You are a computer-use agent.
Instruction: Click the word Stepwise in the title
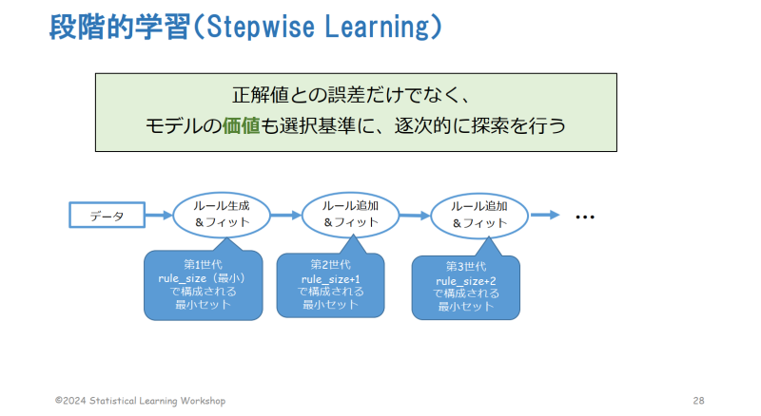pyautogui.click(x=260, y=27)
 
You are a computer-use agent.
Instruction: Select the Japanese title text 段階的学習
pyautogui.click(x=120, y=28)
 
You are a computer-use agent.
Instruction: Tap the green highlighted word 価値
pyautogui.click(x=242, y=126)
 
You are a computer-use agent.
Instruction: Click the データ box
pyautogui.click(x=107, y=215)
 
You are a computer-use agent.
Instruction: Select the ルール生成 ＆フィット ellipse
pyautogui.click(x=222, y=215)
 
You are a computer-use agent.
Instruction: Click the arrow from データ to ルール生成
pyautogui.click(x=159, y=215)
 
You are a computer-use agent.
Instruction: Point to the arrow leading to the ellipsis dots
pyautogui.click(x=545, y=215)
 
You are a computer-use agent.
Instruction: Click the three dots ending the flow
pyautogui.click(x=585, y=217)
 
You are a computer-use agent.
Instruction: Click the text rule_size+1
pyautogui.click(x=330, y=279)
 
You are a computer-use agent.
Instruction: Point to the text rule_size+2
pyautogui.click(x=466, y=281)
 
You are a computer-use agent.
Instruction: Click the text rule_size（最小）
pyautogui.click(x=202, y=278)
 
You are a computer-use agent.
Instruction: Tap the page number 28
pyautogui.click(x=698, y=401)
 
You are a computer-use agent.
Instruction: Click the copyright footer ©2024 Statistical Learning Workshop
pyautogui.click(x=140, y=401)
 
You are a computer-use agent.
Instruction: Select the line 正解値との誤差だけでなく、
pyautogui.click(x=351, y=95)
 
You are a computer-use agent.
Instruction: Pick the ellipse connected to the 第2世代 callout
pyautogui.click(x=350, y=215)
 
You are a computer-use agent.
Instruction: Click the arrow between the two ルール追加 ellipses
pyautogui.click(x=415, y=216)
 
